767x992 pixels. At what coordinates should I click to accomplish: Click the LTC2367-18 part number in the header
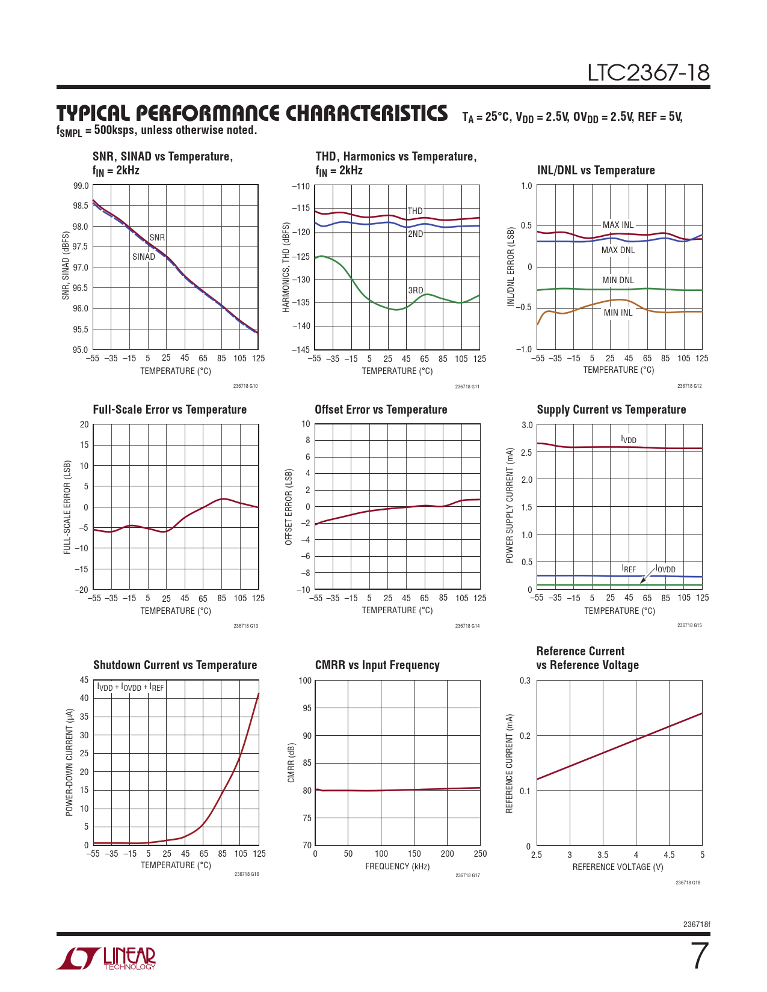[648, 73]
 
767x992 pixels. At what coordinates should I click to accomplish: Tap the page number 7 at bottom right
[698, 956]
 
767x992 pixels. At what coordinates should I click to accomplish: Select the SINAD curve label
[144, 257]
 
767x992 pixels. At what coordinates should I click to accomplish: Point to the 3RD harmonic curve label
[416, 290]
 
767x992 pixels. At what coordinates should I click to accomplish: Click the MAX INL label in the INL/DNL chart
[618, 225]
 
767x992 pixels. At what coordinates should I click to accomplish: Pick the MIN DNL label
[618, 280]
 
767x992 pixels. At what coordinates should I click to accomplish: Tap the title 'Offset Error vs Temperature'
[381, 409]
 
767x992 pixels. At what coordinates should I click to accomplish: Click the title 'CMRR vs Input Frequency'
[377, 665]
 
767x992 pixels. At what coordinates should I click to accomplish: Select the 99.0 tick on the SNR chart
[81, 186]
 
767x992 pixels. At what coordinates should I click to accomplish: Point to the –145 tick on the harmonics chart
[301, 349]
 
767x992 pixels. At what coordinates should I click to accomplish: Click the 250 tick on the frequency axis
[480, 854]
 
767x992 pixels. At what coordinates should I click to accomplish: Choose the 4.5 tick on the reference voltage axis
[669, 855]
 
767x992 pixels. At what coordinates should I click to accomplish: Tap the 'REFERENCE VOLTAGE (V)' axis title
[618, 867]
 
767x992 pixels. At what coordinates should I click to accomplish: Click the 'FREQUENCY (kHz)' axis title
[397, 866]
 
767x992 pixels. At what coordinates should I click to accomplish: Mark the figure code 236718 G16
[247, 874]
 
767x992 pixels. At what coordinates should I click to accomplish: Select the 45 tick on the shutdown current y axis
[84, 680]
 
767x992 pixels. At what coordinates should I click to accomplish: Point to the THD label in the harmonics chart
[415, 211]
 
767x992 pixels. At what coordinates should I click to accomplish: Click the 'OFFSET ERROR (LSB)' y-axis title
[289, 507]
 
